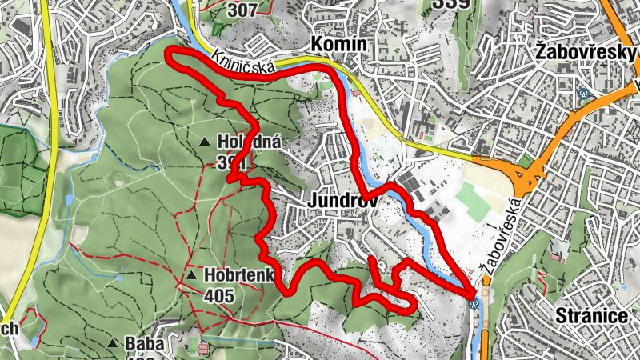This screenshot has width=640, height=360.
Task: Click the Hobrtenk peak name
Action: (x=238, y=276)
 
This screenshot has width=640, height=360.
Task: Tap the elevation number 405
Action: (x=218, y=296)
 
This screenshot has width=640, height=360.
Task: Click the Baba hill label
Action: (x=144, y=344)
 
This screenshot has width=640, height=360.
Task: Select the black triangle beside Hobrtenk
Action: (x=191, y=276)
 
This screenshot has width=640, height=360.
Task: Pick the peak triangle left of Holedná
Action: (x=205, y=142)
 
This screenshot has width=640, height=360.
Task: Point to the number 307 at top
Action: (x=244, y=10)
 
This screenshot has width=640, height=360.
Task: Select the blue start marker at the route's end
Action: (x=476, y=302)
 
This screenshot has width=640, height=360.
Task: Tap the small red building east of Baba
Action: (x=204, y=349)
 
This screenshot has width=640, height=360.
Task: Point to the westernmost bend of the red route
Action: (x=169, y=54)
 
